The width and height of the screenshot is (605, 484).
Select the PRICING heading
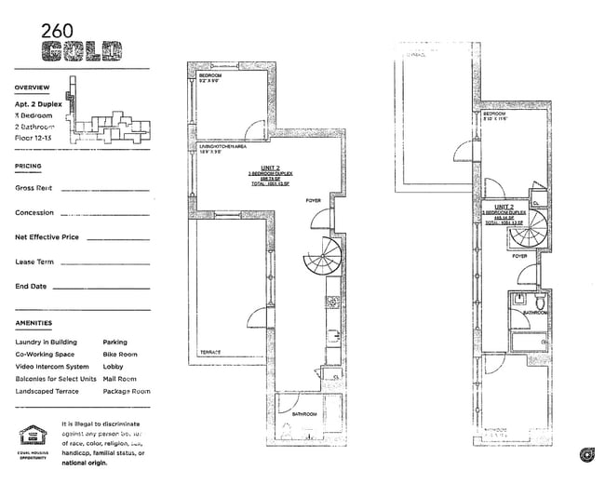click(x=28, y=167)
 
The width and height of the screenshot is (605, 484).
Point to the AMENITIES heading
click(x=34, y=324)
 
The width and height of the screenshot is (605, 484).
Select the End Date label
click(x=33, y=287)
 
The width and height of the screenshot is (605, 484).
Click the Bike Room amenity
click(x=119, y=355)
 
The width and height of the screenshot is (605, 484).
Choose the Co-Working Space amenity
click(x=45, y=355)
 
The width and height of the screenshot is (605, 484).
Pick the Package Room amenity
click(x=126, y=391)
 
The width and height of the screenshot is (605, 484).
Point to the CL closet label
click(x=535, y=203)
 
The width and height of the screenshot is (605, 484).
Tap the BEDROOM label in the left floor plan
click(x=209, y=75)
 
